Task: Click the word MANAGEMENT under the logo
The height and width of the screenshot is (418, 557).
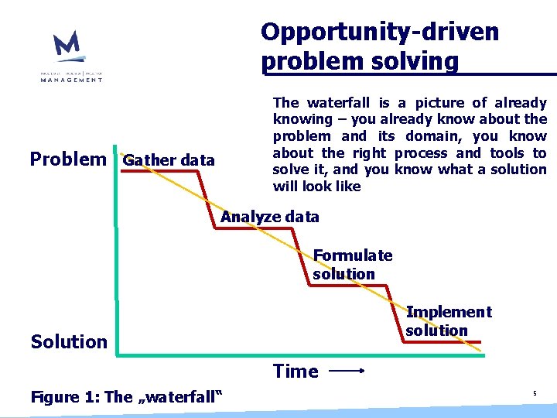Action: coord(71,79)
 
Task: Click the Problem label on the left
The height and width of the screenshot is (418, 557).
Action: coord(68,159)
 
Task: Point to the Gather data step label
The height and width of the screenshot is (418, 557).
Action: coord(169,161)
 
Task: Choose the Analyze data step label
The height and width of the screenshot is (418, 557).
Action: coord(269,217)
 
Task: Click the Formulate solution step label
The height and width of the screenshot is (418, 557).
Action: coord(352,265)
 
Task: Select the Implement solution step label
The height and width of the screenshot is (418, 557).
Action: coord(448,321)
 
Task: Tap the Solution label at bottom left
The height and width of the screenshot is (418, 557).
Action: coord(69,341)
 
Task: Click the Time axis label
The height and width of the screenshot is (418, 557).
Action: coord(295,372)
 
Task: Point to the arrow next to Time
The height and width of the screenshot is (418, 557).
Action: coord(347,372)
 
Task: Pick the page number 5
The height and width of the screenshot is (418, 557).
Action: coord(534,395)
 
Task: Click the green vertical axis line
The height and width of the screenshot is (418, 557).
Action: coord(115,232)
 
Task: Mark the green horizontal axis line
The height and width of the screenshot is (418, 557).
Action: coord(309,355)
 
